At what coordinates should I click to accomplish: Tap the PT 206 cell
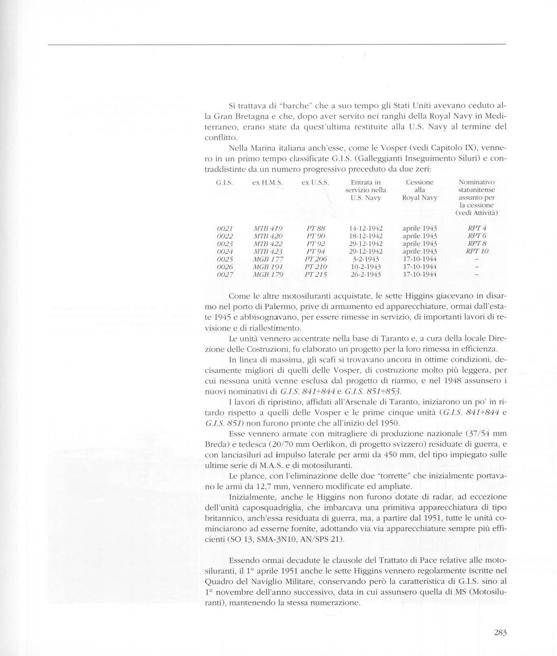pyautogui.click(x=316, y=259)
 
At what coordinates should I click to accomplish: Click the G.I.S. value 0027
pyautogui.click(x=225, y=275)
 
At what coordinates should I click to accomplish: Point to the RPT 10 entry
pyautogui.click(x=477, y=251)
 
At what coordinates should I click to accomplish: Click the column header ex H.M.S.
pyautogui.click(x=267, y=183)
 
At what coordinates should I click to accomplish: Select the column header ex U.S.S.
pyautogui.click(x=315, y=183)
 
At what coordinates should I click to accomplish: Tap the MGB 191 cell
pyautogui.click(x=268, y=267)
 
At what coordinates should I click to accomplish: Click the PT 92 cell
pyautogui.click(x=316, y=244)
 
